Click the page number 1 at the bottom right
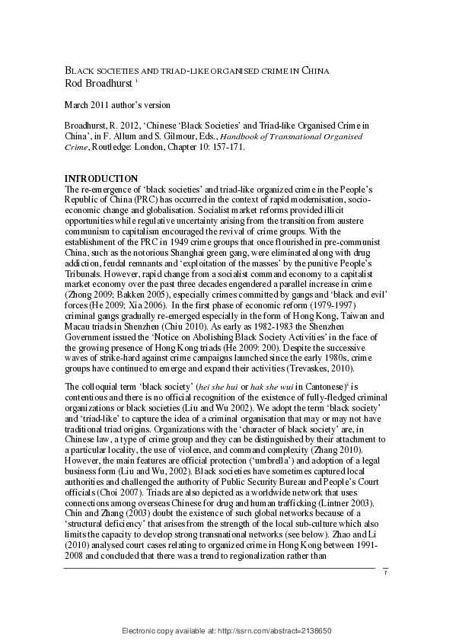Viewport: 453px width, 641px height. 385,594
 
